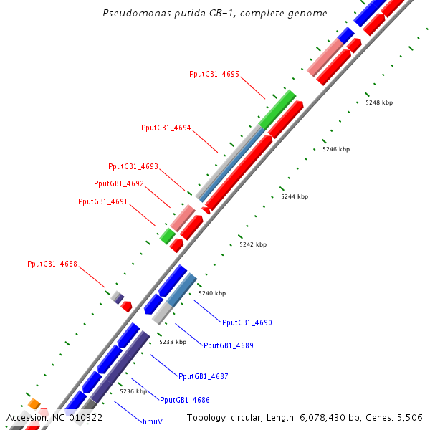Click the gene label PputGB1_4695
214,74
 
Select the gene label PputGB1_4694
166,128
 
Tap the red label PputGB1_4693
133,166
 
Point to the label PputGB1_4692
119,183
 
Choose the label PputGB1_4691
103,201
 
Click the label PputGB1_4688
52,264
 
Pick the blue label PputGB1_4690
247,322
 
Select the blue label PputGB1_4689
229,345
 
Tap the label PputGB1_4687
204,376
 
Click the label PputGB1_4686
185,400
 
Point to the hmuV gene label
153,421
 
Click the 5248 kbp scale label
379,102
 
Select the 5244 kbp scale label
295,196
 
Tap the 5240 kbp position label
212,293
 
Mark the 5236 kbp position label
133,391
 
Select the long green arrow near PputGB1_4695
278,110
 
